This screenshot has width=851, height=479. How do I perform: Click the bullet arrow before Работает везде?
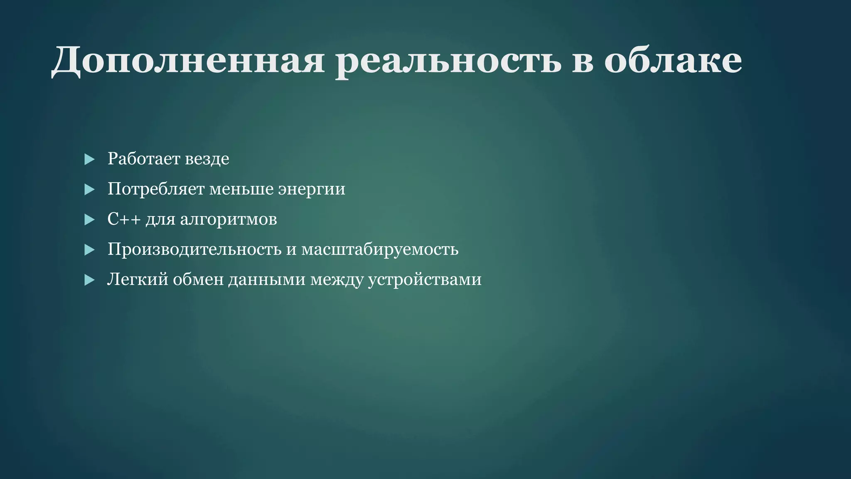(x=89, y=159)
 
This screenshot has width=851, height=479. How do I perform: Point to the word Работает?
(x=143, y=158)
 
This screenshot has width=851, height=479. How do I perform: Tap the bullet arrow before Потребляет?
(x=89, y=190)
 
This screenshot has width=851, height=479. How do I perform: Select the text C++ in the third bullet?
(x=123, y=219)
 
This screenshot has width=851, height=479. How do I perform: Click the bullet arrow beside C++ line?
(x=89, y=220)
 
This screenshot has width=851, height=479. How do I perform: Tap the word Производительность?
(x=194, y=249)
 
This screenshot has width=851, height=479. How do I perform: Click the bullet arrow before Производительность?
(x=89, y=250)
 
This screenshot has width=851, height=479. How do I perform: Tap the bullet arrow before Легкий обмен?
(x=89, y=280)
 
